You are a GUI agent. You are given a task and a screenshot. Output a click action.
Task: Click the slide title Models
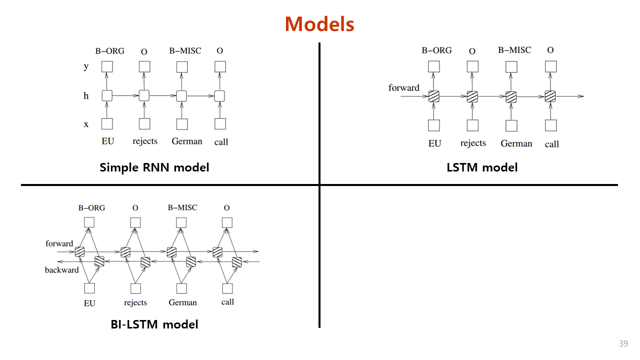pos(319,24)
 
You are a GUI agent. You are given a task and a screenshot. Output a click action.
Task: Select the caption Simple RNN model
pos(154,167)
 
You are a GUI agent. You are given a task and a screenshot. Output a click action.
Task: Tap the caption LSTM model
pos(482,167)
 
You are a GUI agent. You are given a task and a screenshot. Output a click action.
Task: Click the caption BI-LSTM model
pos(154,324)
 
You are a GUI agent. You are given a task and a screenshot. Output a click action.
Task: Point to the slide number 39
pos(623,343)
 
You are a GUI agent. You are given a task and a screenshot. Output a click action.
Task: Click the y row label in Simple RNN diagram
pos(86,66)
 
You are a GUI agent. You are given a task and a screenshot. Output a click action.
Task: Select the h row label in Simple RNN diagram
pos(86,95)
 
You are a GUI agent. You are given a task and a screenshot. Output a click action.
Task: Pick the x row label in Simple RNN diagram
pos(86,124)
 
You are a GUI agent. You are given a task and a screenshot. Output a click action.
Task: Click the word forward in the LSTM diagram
pos(404,88)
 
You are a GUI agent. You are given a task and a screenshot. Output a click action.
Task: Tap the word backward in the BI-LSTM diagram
pos(62,270)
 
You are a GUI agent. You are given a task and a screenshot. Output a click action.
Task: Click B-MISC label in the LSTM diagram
pos(514,50)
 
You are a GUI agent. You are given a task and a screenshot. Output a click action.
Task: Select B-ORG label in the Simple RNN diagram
pos(109,51)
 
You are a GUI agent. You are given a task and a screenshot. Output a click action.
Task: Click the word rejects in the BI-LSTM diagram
pos(135,302)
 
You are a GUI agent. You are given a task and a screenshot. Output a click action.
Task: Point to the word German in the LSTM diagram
pos(516,143)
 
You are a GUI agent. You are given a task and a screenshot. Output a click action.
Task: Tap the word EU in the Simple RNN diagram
pos(107,141)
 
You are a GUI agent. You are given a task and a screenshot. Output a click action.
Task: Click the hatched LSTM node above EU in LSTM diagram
pos(434,96)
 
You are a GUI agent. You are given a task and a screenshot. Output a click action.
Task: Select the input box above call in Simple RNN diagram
pos(220,123)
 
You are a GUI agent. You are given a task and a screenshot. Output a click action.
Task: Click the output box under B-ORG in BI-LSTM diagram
pos(89,222)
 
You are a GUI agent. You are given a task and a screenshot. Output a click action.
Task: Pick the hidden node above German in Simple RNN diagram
pos(181,95)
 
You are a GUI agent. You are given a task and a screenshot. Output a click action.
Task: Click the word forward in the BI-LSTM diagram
pos(59,243)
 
